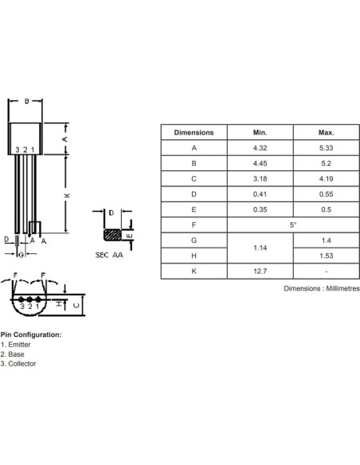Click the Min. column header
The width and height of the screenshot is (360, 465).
click(260, 133)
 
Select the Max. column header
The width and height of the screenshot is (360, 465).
click(326, 133)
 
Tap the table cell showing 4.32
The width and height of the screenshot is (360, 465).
click(260, 148)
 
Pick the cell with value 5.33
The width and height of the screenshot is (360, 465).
click(326, 148)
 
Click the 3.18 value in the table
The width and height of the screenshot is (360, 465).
click(260, 179)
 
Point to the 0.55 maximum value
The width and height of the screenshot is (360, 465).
click(326, 194)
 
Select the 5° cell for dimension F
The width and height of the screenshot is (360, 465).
click(293, 225)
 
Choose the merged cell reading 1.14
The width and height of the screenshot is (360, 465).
click(260, 248)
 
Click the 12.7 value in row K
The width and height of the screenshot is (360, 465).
click(260, 271)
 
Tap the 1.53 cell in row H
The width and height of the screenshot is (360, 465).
click(326, 256)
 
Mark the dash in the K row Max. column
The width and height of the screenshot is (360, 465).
click(326, 271)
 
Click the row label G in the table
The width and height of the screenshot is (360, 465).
click(194, 240)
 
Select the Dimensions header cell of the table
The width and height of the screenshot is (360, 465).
click(194, 133)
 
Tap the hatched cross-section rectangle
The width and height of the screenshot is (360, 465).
click(114, 236)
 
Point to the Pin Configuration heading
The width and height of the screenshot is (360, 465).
click(30, 335)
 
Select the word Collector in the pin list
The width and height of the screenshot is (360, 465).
click(23, 364)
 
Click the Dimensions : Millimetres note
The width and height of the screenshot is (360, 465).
click(322, 288)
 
